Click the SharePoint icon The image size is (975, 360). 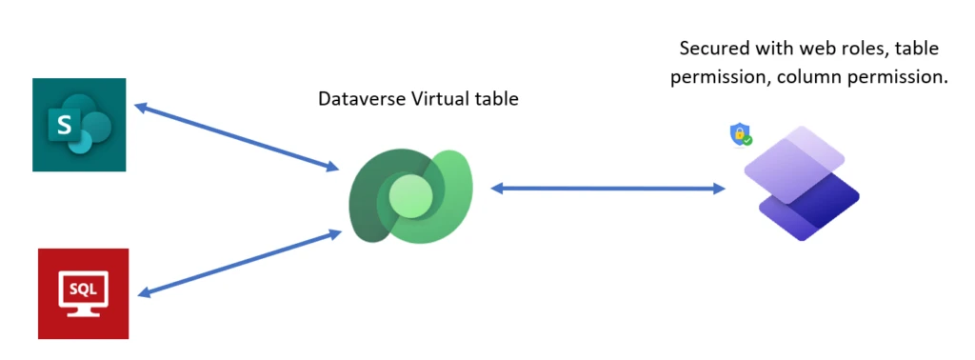point(79,126)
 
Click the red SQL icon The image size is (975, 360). point(83,293)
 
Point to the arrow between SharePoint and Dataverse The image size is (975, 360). point(237,137)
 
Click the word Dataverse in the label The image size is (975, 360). point(357,98)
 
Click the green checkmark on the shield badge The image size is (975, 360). point(748,140)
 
